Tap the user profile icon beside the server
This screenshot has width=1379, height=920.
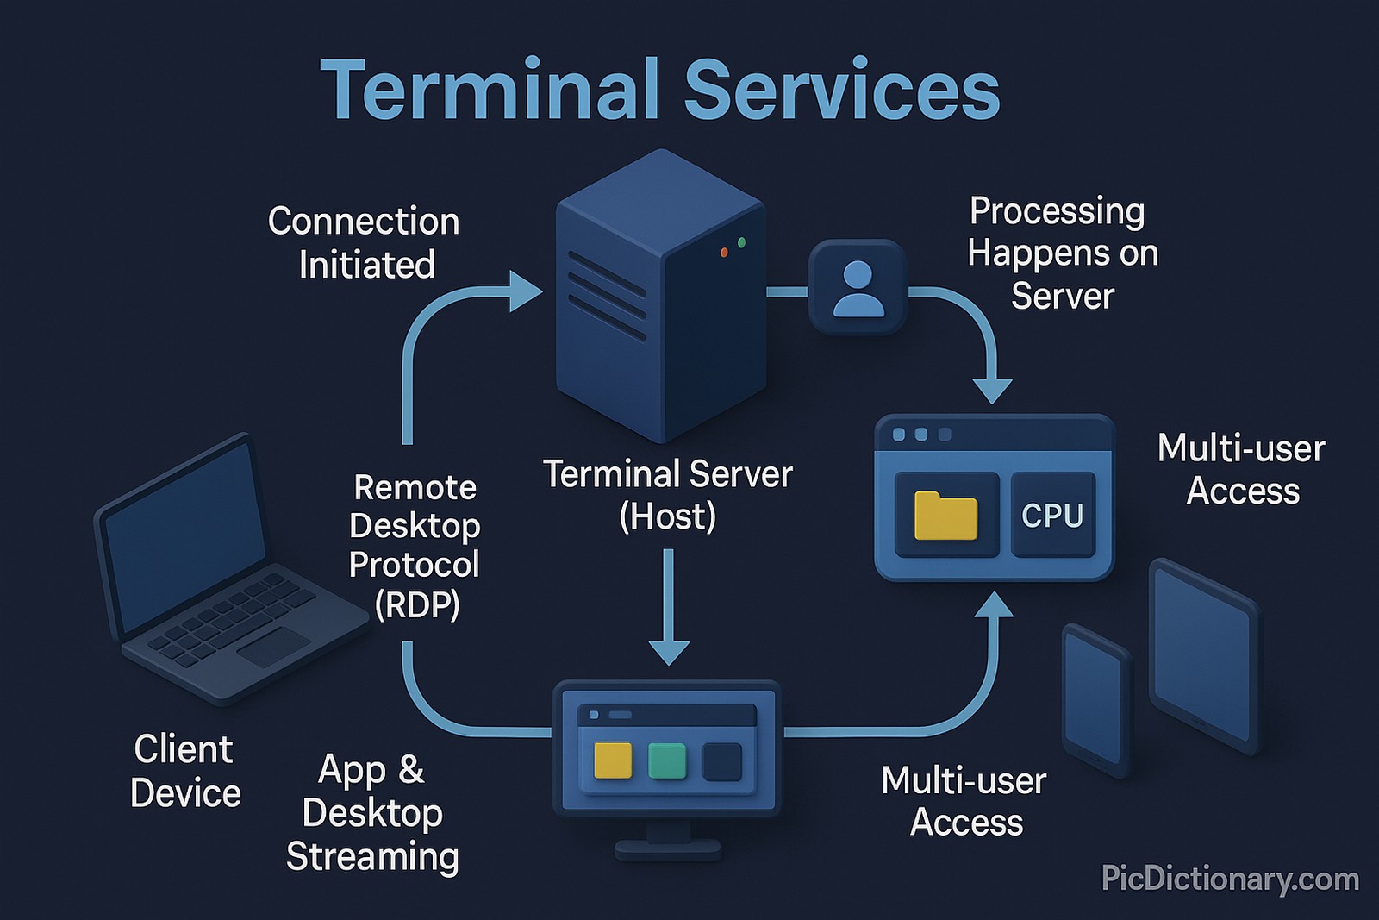point(858,288)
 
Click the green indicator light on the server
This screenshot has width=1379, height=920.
point(741,243)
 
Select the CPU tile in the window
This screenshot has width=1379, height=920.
point(1052,515)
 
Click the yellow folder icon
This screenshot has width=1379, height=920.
point(945,516)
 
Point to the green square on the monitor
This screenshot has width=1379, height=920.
point(666,760)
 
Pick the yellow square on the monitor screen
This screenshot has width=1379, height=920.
point(613,760)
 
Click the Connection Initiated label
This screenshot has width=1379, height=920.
point(364,243)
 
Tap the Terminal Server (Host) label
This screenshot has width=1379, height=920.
point(667,495)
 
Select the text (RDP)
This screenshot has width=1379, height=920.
point(417,605)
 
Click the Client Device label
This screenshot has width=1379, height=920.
point(184,771)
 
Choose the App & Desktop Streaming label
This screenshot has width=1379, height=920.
point(372,813)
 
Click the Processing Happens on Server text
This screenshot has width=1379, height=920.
point(1062,253)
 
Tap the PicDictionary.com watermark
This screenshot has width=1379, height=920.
point(1230,879)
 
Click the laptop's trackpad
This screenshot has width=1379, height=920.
point(273,647)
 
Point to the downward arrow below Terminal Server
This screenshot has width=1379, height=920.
point(669,612)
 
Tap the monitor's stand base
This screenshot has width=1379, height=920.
point(668,849)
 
